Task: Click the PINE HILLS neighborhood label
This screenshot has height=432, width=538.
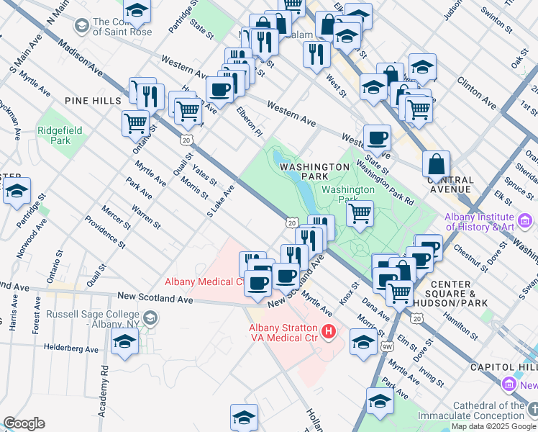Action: tap(92, 101)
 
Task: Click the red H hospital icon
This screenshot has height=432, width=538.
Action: tap(329, 331)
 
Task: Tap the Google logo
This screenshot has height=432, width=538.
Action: tap(24, 423)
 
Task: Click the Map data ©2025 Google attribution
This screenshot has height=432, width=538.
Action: tap(493, 426)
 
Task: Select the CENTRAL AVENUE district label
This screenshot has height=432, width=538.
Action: tap(450, 184)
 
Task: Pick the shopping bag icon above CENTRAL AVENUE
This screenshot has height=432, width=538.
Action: tap(436, 164)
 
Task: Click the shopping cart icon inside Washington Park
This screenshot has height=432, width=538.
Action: tap(360, 213)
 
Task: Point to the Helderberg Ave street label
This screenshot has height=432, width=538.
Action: tap(71, 348)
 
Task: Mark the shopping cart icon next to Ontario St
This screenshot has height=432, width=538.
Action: tap(135, 123)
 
